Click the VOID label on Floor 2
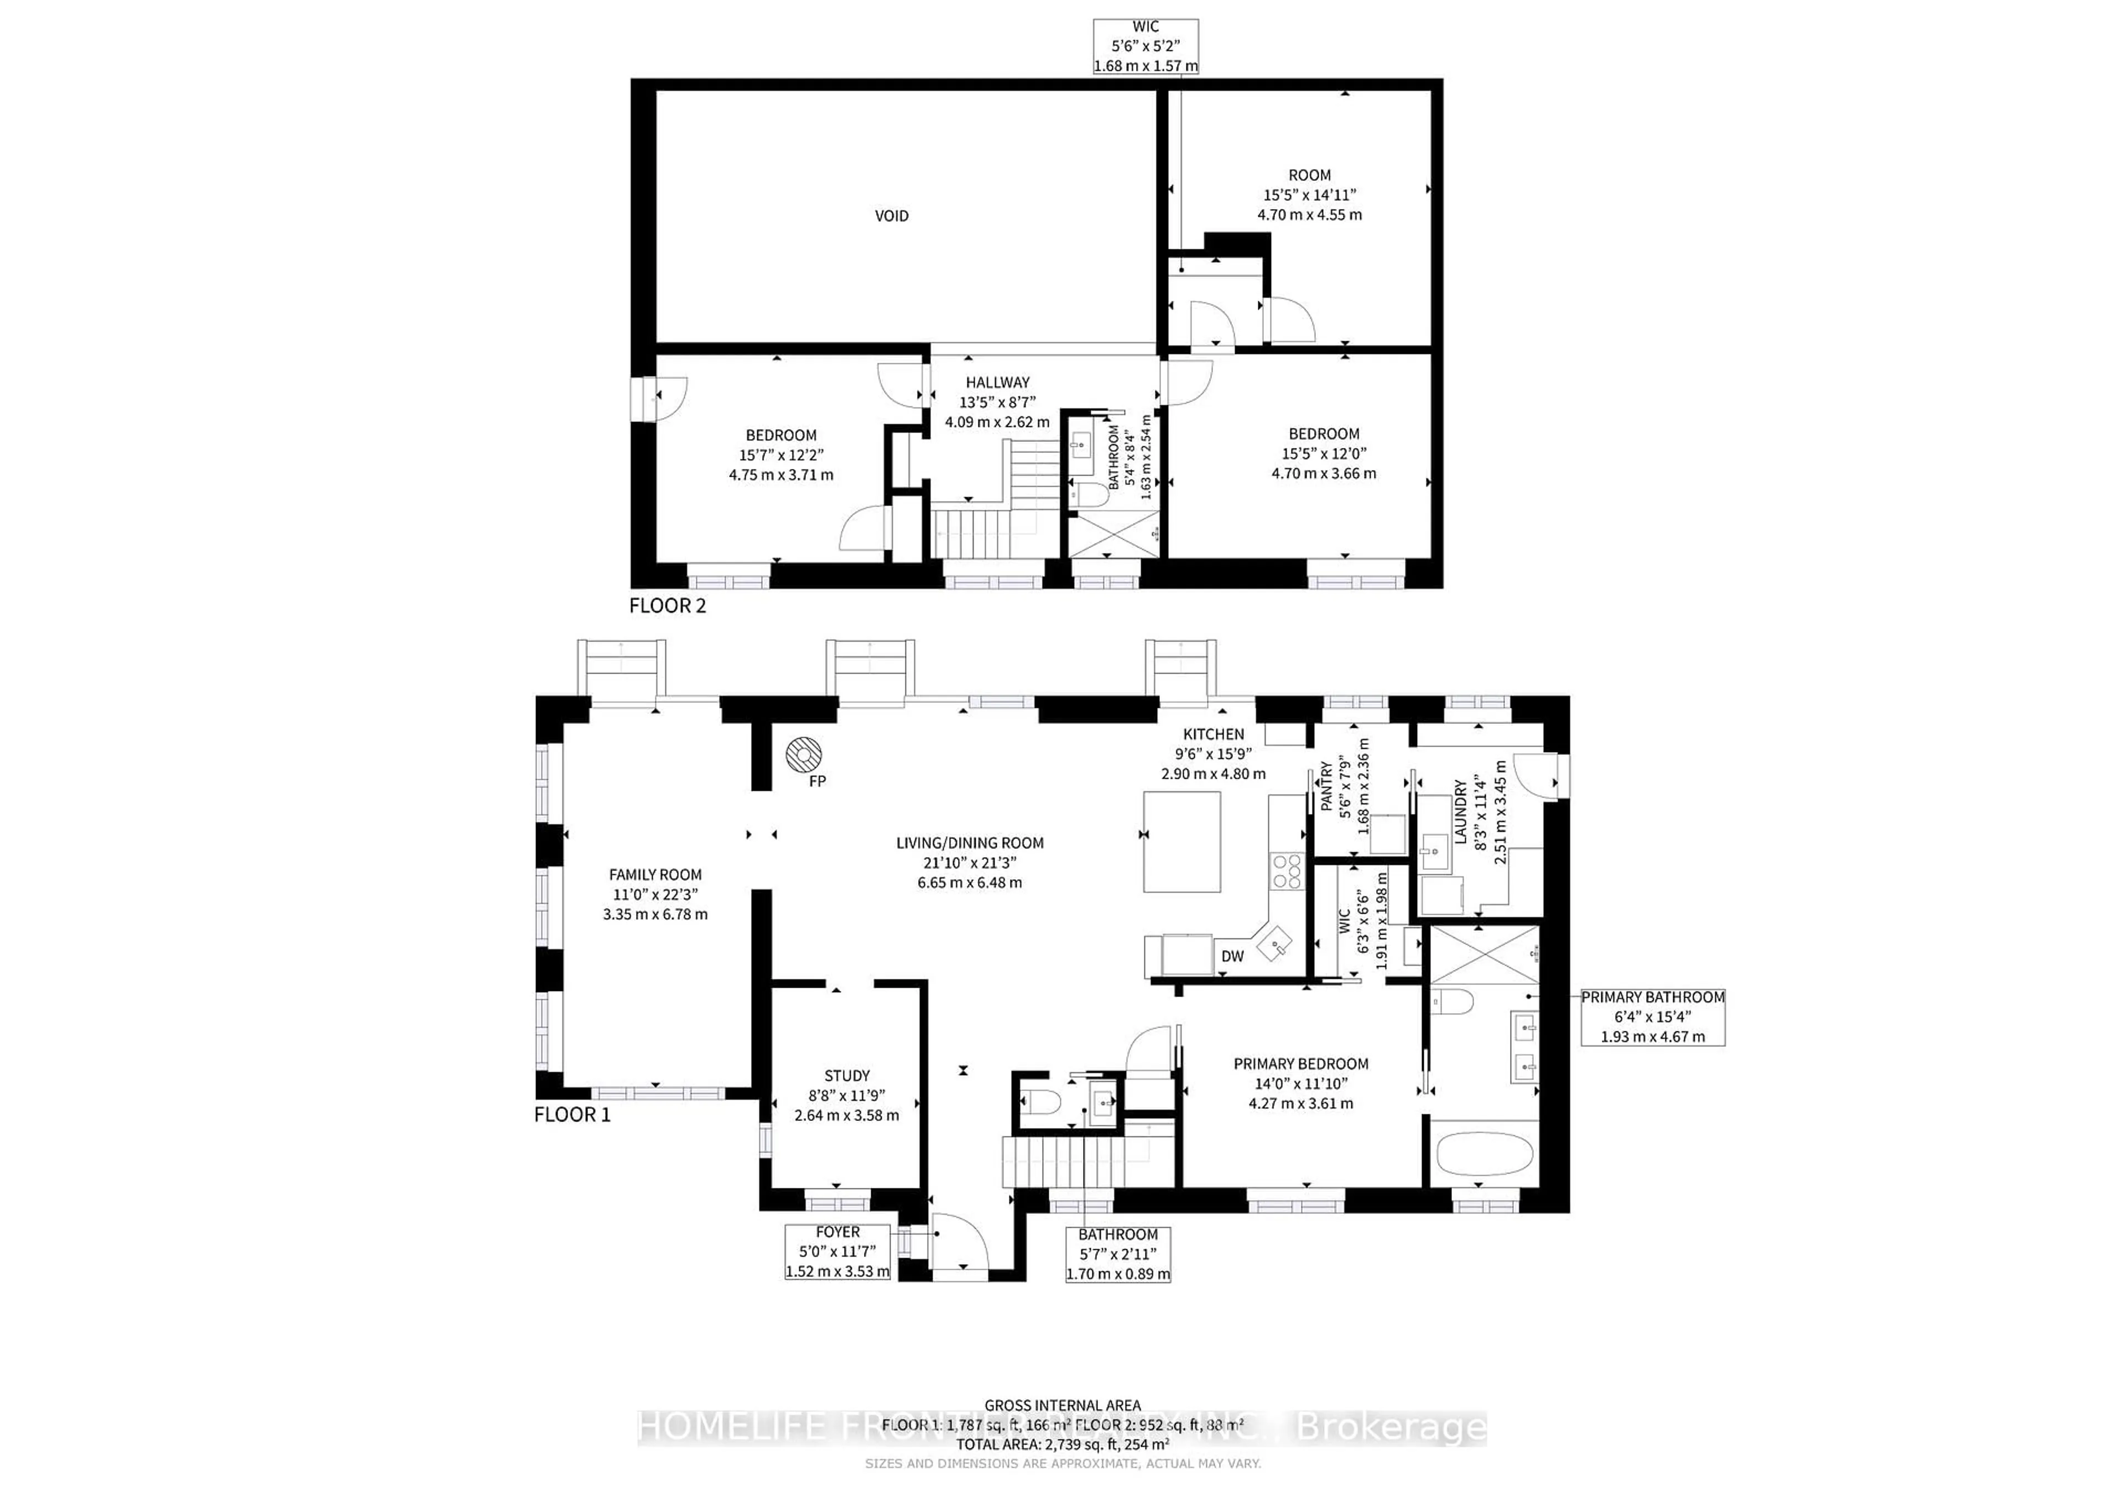click(x=891, y=216)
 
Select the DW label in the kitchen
click(x=1232, y=956)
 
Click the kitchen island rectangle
click(x=1181, y=842)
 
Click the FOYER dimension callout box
click(x=837, y=1251)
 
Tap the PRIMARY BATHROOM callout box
click(x=1652, y=1016)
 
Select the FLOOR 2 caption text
click(x=667, y=606)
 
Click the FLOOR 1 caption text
click(x=572, y=1114)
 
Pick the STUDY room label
click(x=846, y=1076)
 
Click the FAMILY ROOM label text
click(x=655, y=874)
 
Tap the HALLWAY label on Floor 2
click(x=997, y=382)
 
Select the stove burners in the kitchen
click(x=1287, y=871)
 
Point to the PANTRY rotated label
click(x=1326, y=786)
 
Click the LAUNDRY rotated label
click(x=1460, y=812)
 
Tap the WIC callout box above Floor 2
click(x=1146, y=46)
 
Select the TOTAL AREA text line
click(x=1062, y=1444)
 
